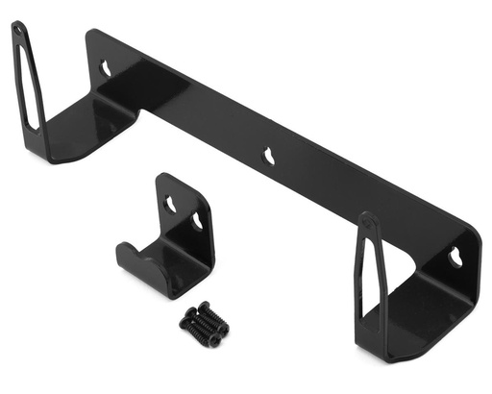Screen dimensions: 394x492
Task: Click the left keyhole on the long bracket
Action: click(107, 68)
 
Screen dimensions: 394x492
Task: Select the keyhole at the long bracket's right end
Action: click(455, 257)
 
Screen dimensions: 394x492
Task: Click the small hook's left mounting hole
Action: click(170, 204)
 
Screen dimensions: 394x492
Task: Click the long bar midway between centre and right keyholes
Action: click(363, 205)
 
